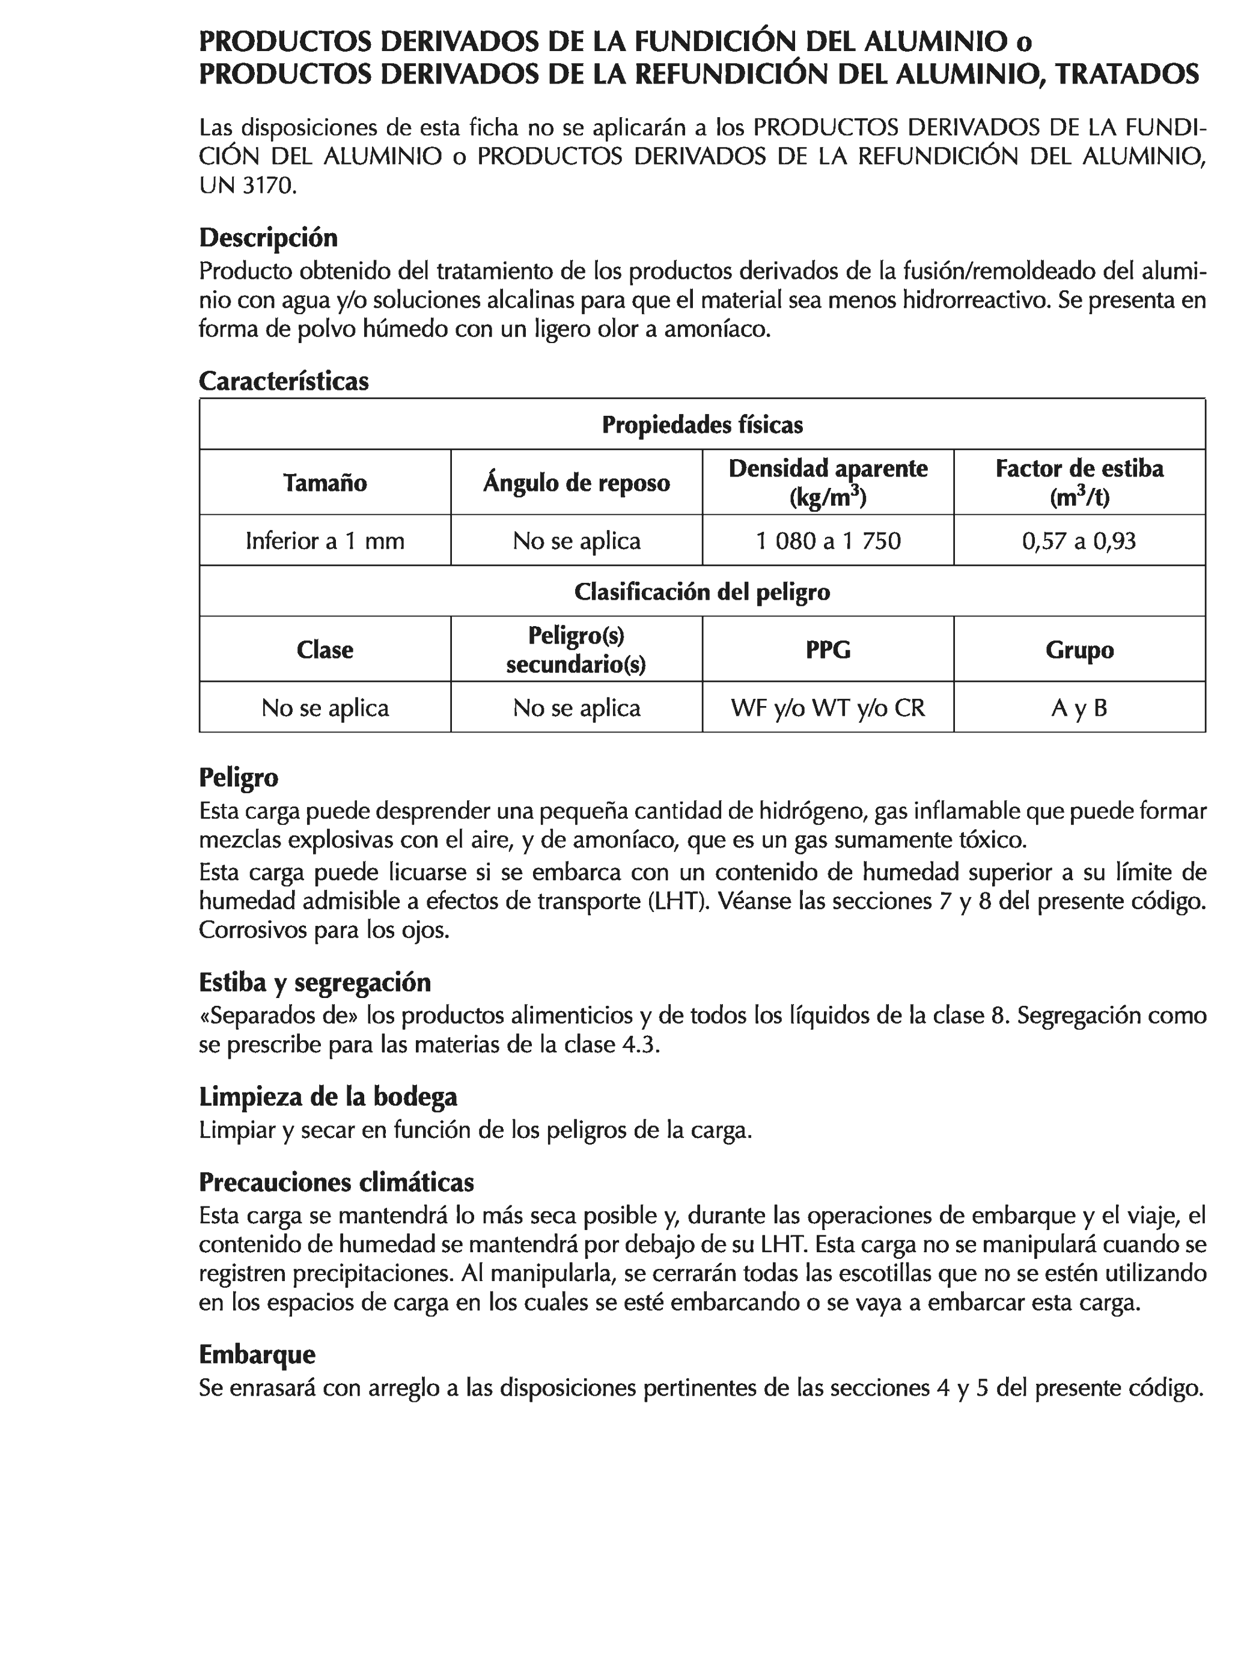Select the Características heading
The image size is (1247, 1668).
click(x=284, y=381)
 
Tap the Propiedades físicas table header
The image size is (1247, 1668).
click(x=701, y=425)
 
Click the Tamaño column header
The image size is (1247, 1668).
click(x=325, y=482)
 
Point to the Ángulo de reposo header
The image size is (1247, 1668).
click(x=576, y=482)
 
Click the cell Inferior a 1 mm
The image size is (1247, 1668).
click(x=325, y=541)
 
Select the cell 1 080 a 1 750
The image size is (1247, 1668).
click(x=828, y=541)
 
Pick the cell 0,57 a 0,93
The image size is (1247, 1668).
click(x=1079, y=541)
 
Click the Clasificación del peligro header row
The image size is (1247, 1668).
click(x=701, y=591)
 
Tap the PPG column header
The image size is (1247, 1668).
click(x=828, y=650)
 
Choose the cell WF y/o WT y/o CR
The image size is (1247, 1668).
click(x=828, y=707)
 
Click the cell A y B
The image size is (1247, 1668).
click(x=1079, y=707)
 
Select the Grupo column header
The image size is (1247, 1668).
click(x=1079, y=650)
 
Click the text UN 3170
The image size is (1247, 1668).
click(x=248, y=186)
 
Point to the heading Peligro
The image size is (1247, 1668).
click(x=239, y=777)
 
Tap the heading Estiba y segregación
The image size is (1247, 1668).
click(x=314, y=982)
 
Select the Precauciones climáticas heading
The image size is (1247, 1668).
click(x=336, y=1182)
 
